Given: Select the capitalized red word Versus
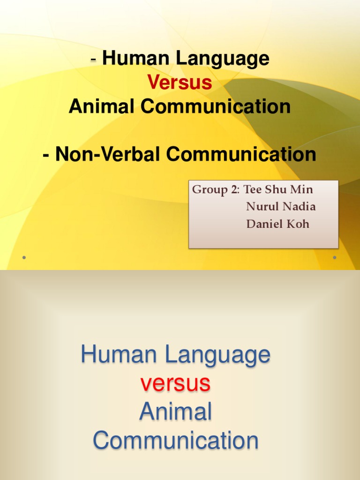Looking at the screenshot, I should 180,83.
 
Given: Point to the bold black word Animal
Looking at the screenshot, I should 102,107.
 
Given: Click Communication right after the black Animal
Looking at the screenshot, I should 216,107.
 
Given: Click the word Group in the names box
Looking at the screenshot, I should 210,190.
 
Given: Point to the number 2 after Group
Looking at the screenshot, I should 233,190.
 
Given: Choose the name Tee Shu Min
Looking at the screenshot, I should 278,190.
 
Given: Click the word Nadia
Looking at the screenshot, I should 299,207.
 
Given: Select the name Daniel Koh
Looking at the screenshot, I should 277,224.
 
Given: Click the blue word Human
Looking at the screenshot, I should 120,355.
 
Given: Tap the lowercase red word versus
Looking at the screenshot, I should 175,383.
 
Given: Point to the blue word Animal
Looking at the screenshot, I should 175,412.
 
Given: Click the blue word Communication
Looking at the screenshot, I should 175,441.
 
